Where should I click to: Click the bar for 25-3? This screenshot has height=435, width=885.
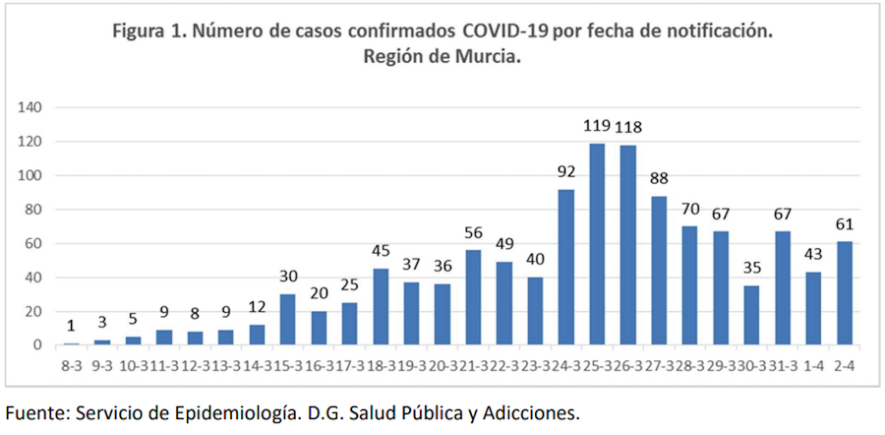tap(597, 244)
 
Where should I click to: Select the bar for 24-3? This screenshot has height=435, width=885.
tap(566, 267)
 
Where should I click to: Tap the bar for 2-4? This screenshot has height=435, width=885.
tap(845, 293)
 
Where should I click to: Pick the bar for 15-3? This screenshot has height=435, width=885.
tap(288, 319)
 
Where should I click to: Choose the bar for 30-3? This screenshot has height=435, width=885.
tap(752, 315)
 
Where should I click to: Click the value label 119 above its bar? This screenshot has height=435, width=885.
tap(597, 127)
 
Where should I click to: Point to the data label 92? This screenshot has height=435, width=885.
tap(566, 172)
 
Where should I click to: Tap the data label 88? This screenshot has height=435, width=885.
tap(659, 179)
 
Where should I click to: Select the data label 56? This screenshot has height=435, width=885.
tap(474, 233)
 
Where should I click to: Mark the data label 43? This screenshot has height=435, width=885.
tap(814, 255)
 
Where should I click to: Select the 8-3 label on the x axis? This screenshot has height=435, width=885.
tap(71, 364)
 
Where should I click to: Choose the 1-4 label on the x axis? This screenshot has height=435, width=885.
tap(814, 364)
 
